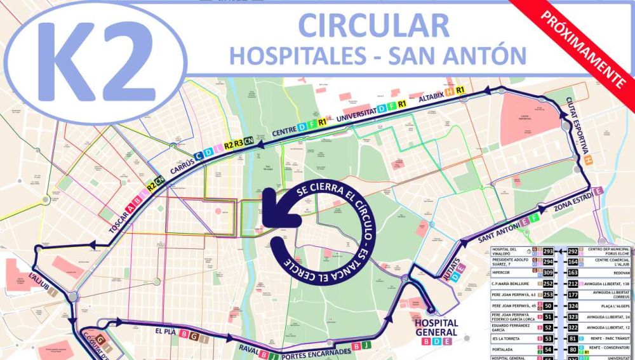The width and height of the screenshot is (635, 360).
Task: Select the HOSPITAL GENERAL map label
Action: coord(436,327)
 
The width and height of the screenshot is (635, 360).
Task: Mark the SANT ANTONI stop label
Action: coord(495,233)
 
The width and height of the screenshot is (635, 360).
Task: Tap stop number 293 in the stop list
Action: coord(548,251)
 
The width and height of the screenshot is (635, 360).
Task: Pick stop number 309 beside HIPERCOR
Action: coord(548,272)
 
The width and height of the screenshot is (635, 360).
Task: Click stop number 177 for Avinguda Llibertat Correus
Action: coord(573,294)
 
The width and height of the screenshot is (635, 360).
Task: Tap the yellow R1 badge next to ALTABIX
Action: coord(460,90)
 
